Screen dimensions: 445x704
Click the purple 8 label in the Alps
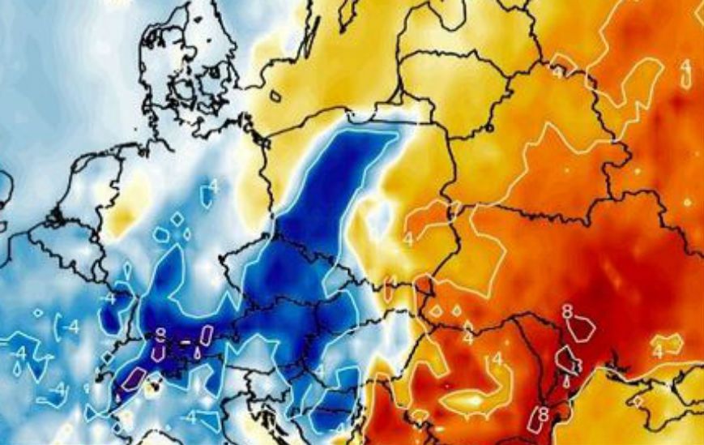(x=161, y=333)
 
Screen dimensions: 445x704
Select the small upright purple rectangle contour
(x=207, y=335)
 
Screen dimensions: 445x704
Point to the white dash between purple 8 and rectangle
(x=185, y=342)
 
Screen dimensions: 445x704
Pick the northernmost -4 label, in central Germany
(x=213, y=187)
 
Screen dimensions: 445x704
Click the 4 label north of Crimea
(x=658, y=351)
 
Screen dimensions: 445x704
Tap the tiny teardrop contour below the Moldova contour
(x=566, y=377)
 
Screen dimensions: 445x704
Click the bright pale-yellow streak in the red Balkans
(x=470, y=400)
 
